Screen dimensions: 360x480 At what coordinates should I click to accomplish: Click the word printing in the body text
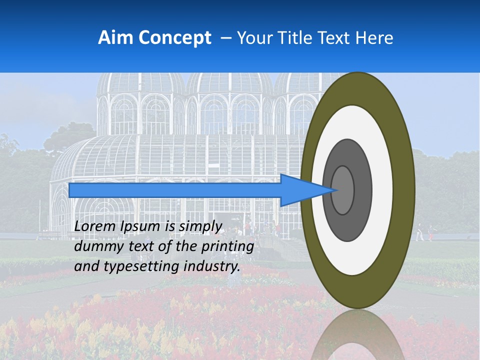tap(227, 246)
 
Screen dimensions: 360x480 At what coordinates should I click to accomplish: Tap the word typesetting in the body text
tap(134, 266)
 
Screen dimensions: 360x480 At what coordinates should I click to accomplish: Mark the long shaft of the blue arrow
tap(175, 190)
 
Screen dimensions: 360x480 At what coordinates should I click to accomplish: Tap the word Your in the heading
tap(252, 37)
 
